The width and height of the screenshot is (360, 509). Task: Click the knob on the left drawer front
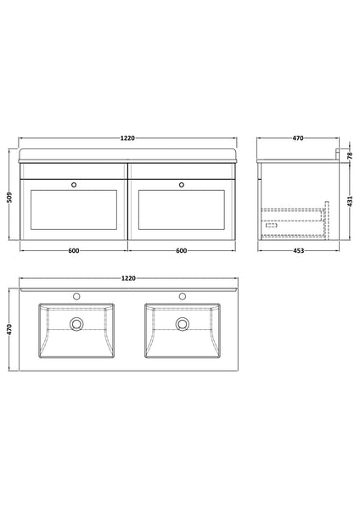(74, 182)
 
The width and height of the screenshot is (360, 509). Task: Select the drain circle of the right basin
(182, 322)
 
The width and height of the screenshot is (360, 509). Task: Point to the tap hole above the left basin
(77, 296)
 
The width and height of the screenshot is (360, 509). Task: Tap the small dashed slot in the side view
(272, 225)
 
